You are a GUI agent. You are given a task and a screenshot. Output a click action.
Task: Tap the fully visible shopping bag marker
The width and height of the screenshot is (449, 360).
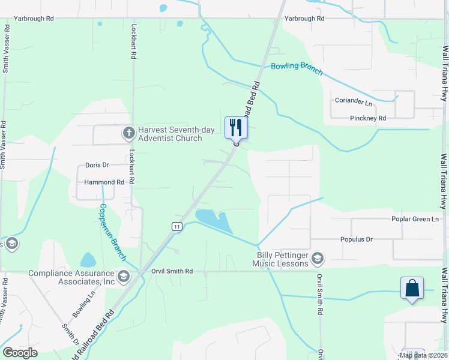click(412, 288)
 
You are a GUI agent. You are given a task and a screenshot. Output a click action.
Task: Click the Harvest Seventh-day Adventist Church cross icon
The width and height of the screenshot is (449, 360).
click(128, 133)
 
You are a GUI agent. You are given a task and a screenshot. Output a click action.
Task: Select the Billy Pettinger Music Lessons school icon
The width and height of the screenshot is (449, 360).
click(317, 259)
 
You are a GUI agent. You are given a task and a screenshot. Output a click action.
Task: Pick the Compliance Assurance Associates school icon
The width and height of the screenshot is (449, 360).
click(124, 276)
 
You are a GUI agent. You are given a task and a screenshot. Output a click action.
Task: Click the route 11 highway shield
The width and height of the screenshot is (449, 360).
click(176, 226)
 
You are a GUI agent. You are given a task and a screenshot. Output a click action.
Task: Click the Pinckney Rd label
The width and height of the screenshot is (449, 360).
click(368, 118)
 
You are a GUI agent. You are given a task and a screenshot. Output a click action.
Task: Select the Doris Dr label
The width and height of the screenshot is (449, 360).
click(97, 165)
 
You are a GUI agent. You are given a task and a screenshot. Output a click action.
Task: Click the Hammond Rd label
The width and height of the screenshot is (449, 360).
click(100, 182)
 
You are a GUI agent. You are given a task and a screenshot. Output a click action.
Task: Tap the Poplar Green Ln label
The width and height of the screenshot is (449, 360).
click(415, 219)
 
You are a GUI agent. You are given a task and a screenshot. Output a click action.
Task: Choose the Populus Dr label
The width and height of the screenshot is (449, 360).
click(357, 239)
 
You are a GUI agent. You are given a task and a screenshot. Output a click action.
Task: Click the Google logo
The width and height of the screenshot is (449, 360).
click(20, 353)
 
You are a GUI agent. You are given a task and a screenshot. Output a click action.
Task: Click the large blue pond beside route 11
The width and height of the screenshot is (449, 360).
click(215, 221)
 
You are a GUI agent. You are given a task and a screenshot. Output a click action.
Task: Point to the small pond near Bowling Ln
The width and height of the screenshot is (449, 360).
click(88, 260)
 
